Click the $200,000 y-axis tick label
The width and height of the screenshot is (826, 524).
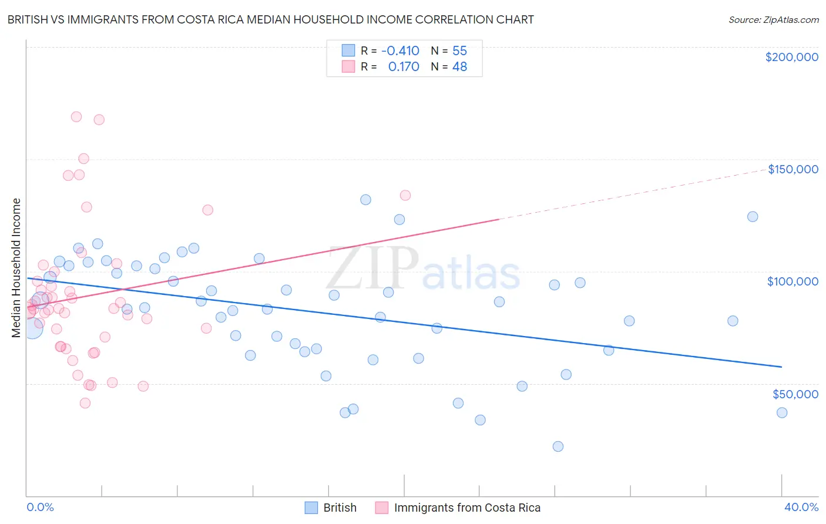coord(791,57)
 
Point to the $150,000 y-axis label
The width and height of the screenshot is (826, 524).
coord(793,169)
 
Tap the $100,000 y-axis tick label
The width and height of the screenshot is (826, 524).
coord(793,281)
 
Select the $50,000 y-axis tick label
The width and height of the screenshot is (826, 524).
coord(795,394)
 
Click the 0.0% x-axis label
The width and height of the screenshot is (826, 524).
coord(40,507)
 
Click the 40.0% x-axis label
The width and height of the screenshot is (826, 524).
coord(801,507)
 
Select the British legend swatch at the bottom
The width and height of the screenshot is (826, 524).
coord(311,508)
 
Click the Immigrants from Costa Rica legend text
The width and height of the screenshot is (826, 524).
coord(467,508)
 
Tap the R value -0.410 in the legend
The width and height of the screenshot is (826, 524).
coord(400,51)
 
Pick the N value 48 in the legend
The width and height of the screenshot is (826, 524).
coord(459,67)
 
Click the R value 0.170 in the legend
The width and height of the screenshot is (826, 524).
coord(404,67)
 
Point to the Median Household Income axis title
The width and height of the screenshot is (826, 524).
coord(16,268)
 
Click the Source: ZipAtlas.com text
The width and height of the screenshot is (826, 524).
coord(773,20)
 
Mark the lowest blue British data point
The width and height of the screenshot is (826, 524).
coord(558,446)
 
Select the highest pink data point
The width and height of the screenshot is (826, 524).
coord(76,116)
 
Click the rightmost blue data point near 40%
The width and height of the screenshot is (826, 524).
coord(782,412)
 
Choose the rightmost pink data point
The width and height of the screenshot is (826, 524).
coord(405,195)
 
